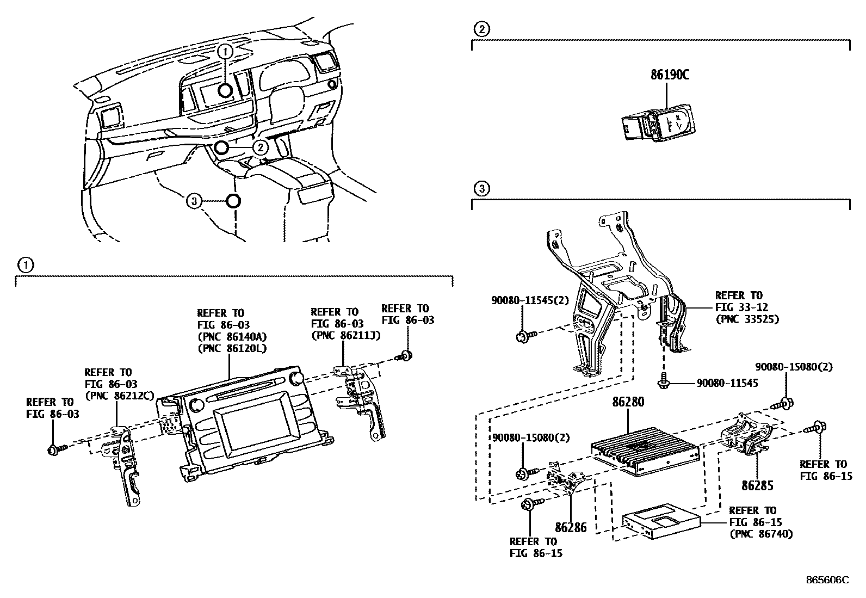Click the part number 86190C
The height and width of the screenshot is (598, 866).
click(x=670, y=76)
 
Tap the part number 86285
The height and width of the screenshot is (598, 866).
click(x=757, y=485)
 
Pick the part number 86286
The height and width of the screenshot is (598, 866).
click(x=571, y=527)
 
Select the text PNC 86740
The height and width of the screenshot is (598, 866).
click(x=760, y=534)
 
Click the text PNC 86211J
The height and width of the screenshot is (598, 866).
click(x=345, y=335)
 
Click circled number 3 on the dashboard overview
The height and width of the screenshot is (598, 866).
click(x=194, y=202)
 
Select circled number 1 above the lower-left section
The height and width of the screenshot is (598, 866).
click(x=24, y=265)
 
